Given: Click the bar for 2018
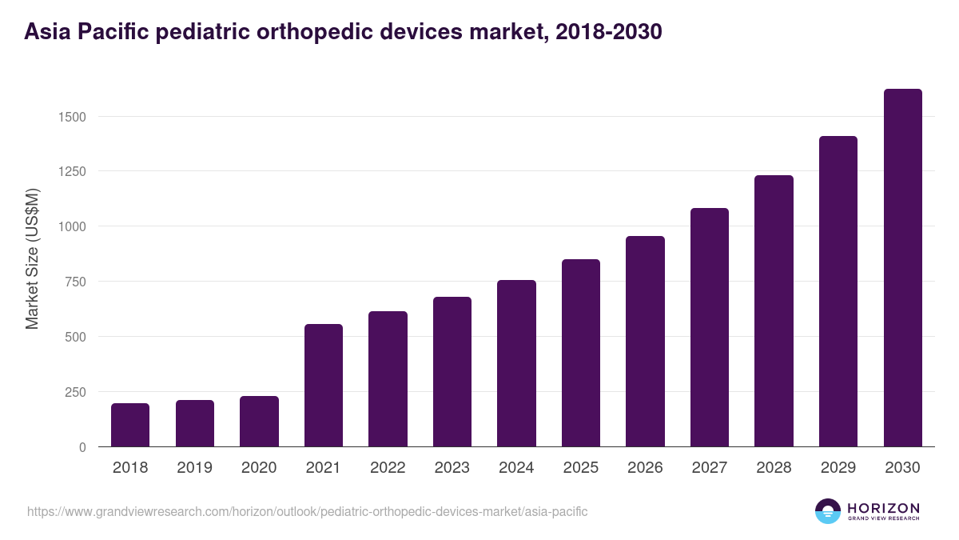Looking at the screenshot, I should click(x=130, y=425).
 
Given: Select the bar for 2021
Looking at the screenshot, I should click(x=323, y=386).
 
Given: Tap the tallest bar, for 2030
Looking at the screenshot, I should click(x=902, y=268).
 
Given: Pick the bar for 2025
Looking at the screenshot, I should click(x=580, y=353).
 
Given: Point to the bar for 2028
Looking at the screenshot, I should click(x=774, y=311).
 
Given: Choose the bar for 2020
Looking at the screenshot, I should click(x=259, y=422).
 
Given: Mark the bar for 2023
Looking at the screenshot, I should click(x=452, y=372).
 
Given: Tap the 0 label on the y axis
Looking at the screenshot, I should click(x=82, y=447).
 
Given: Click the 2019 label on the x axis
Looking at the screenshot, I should click(x=194, y=468).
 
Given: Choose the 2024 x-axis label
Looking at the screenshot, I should click(x=516, y=468).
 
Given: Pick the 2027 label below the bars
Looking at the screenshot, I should click(x=709, y=468).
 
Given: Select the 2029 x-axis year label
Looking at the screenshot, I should click(x=838, y=468).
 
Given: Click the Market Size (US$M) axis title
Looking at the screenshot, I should click(x=32, y=258).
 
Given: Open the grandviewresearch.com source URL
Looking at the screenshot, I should click(x=307, y=511).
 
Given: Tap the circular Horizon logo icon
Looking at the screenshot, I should click(x=828, y=511).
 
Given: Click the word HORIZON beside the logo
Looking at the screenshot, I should click(x=883, y=507).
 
